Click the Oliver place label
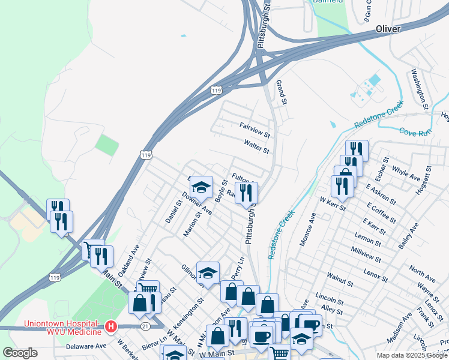(x=387, y=29)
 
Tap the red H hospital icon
(x=110, y=327)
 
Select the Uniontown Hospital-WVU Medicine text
(x=62, y=327)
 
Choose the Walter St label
(x=256, y=146)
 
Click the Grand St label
(x=280, y=91)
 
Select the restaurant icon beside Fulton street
(x=246, y=192)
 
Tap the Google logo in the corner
(x=20, y=353)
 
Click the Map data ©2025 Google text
(x=412, y=355)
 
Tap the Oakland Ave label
(x=128, y=260)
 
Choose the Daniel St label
(x=173, y=212)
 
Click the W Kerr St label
(x=333, y=204)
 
